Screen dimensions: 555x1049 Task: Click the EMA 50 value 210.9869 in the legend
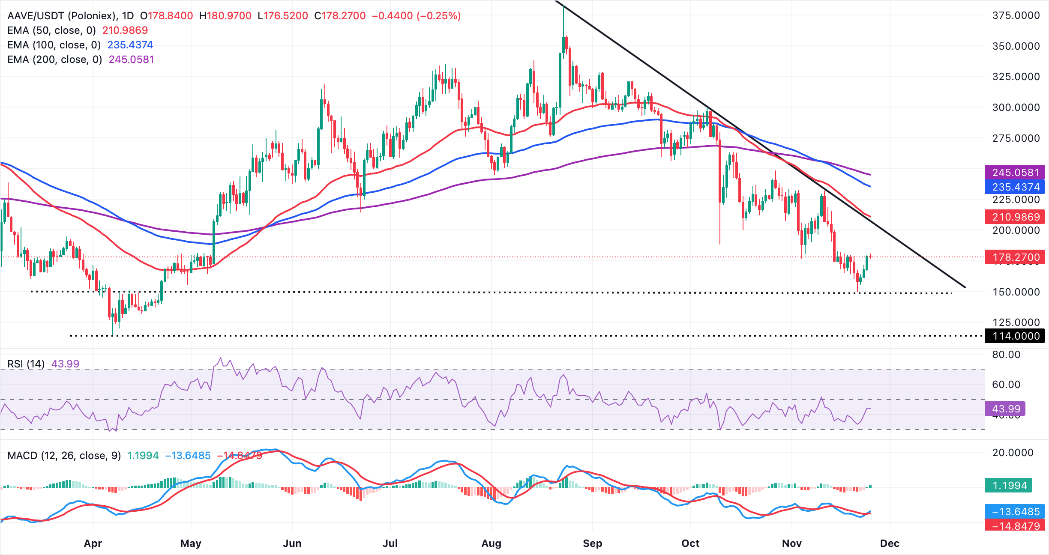[x=125, y=30]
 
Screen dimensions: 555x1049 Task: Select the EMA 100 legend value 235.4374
[x=130, y=45]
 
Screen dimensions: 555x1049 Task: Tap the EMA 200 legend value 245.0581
[x=131, y=60]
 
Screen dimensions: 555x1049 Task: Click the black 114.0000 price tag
[x=1015, y=336]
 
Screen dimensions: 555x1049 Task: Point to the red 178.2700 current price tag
[x=1015, y=257]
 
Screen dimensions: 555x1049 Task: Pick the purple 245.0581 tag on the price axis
[x=1015, y=173]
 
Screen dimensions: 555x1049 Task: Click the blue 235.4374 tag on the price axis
[x=1015, y=187]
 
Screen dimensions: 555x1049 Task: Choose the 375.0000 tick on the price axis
[x=1016, y=15]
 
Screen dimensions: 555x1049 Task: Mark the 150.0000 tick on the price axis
[x=1016, y=292]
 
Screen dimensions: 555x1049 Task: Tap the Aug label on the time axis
[x=491, y=543]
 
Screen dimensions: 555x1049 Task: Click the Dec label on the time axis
[x=890, y=543]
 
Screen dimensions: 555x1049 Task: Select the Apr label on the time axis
[x=93, y=543]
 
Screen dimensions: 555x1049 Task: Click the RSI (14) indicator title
[x=26, y=364]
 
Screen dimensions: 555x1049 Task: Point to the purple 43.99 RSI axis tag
[x=1005, y=409]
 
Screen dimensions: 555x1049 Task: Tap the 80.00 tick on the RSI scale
[x=1006, y=355]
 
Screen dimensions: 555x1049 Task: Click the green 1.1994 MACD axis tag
[x=1009, y=486]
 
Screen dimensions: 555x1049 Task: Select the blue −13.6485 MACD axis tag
[x=1015, y=512]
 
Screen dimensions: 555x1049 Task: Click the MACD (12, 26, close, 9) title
[x=64, y=456]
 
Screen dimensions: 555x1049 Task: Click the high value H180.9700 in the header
[x=225, y=16]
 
